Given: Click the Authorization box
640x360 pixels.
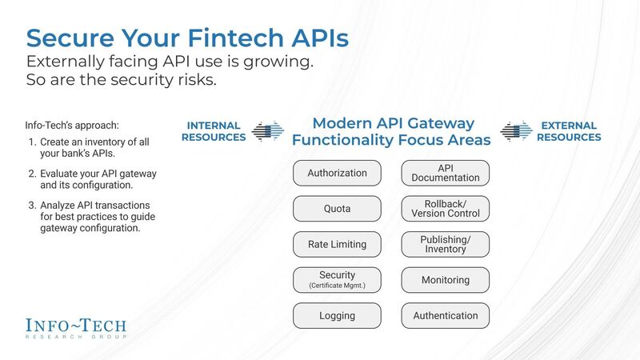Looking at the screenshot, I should [x=337, y=173].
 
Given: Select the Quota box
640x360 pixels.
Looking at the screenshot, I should [x=337, y=209].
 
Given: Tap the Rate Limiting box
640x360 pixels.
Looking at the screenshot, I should [x=337, y=244].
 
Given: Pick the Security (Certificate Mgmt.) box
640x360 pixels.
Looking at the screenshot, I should [x=337, y=280].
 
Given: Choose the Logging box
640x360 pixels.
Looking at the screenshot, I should [x=337, y=315].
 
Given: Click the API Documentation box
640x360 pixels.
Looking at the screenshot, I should [x=446, y=173].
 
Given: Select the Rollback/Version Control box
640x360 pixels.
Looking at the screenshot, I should [x=446, y=209].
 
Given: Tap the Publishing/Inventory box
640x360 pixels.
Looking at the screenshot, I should [x=446, y=244].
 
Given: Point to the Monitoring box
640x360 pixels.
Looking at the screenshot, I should [x=446, y=280].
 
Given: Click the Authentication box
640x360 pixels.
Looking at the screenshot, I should [x=446, y=315].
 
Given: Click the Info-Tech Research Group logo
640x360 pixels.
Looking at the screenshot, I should [x=76, y=329].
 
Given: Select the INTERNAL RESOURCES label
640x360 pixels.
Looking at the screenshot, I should [x=214, y=131].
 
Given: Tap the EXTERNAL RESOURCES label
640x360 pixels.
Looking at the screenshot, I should [x=568, y=131].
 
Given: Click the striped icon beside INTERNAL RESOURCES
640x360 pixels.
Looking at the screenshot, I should [x=268, y=131].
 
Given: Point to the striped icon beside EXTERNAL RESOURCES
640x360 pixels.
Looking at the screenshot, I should [x=516, y=131].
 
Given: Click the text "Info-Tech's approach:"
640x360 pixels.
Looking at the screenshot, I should [x=71, y=125].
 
